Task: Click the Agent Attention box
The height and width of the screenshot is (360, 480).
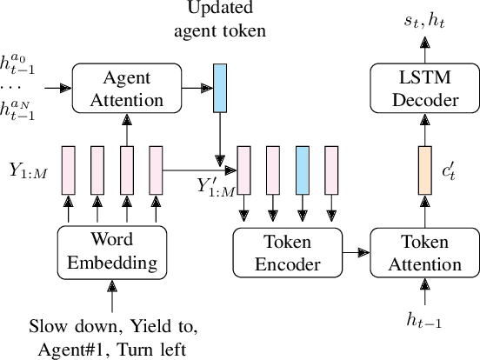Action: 127,89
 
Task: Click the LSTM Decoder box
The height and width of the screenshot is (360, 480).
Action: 424,89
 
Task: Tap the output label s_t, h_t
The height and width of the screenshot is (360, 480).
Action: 425,17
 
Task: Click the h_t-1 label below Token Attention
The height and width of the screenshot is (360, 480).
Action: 424,322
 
